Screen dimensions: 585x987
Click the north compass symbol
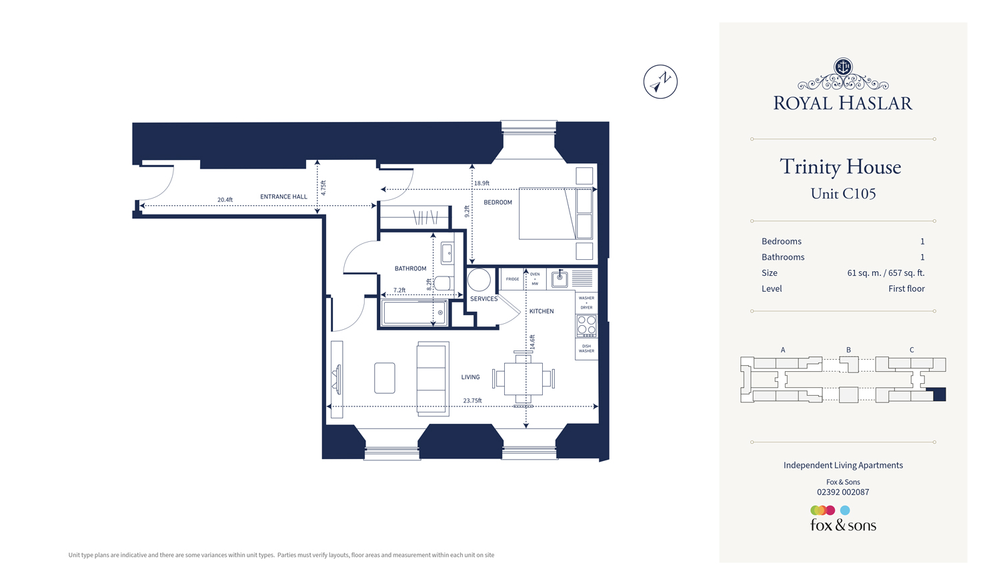pos(660,82)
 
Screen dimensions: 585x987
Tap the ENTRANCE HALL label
pos(283,197)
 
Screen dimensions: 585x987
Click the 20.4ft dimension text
pos(225,200)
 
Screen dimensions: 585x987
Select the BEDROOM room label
pos(498,203)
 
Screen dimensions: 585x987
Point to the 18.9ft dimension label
pos(481,183)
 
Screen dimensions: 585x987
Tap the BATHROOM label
pos(410,269)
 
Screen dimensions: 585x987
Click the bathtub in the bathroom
pos(414,313)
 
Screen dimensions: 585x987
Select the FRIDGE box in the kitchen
pos(512,279)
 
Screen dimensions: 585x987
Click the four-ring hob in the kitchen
pos(586,325)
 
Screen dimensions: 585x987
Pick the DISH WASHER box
pos(586,348)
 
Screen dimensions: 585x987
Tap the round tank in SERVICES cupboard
pos(479,280)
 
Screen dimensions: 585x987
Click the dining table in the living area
pos(523,378)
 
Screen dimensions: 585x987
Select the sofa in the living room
pos(433,378)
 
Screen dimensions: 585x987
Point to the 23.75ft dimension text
pos(472,400)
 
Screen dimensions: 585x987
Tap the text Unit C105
pos(843,194)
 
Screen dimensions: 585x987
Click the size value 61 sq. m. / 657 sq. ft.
pos(886,273)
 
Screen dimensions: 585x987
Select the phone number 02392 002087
pos(843,492)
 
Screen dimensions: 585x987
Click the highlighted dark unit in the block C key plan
pos(939,394)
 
